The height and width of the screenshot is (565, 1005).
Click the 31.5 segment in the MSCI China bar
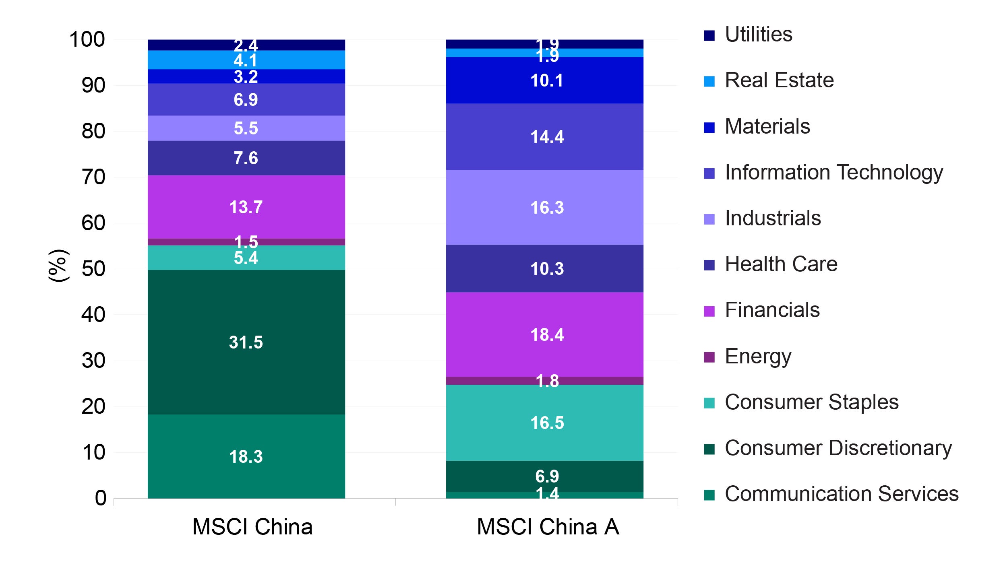pyautogui.click(x=246, y=342)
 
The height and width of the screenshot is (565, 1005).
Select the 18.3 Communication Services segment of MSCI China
pyautogui.click(x=246, y=456)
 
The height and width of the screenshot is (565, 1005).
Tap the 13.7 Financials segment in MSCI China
pyautogui.click(x=246, y=207)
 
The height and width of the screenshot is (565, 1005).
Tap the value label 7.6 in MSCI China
pyautogui.click(x=246, y=158)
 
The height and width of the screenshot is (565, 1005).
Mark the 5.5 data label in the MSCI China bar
pyautogui.click(x=246, y=128)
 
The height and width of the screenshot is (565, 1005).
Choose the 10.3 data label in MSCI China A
pyautogui.click(x=547, y=269)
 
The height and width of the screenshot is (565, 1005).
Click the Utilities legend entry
pyautogui.click(x=758, y=35)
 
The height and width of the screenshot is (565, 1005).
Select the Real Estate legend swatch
pyautogui.click(x=709, y=81)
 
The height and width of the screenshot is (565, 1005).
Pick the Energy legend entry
pyautogui.click(x=757, y=357)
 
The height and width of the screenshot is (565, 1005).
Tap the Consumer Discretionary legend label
pyautogui.click(x=838, y=448)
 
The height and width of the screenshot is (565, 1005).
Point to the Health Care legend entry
pyautogui.click(x=781, y=264)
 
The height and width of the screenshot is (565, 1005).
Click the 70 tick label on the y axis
pyautogui.click(x=93, y=177)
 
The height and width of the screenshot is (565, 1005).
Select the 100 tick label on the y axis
pyautogui.click(x=87, y=39)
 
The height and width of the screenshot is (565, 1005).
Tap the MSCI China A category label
pyautogui.click(x=548, y=527)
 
